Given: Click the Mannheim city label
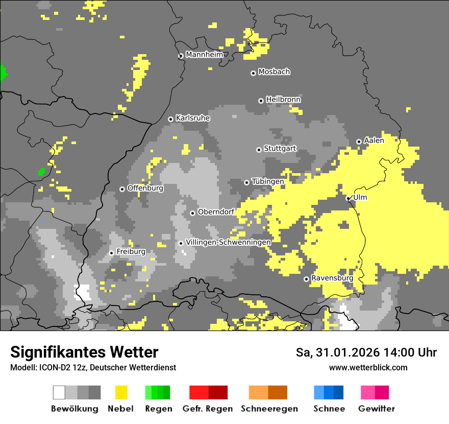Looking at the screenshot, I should click(x=205, y=55).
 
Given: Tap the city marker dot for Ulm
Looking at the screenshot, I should click(x=348, y=198).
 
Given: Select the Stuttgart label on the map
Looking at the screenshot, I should click(x=280, y=149).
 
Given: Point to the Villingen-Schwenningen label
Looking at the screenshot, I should click(x=228, y=242).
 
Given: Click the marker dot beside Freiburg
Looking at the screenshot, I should click(x=111, y=253).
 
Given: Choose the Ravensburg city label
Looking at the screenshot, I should click(x=332, y=278).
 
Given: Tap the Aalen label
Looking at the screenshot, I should click(x=374, y=140).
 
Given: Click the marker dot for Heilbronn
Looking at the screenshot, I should click(x=261, y=101).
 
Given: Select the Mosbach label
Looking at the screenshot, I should click(x=274, y=72).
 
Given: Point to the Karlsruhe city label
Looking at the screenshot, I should click(x=193, y=118).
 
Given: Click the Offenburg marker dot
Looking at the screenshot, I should click(x=122, y=189).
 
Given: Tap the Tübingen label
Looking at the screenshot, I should click(x=268, y=181).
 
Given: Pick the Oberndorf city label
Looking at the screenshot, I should click(x=216, y=212).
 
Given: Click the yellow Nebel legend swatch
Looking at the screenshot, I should click(x=121, y=392).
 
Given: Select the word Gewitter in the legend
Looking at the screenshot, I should click(x=377, y=409).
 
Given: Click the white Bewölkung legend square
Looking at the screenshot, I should click(x=59, y=392).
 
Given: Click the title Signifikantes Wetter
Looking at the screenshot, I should click(x=84, y=352).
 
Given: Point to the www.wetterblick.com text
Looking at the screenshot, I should click(x=368, y=367).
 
